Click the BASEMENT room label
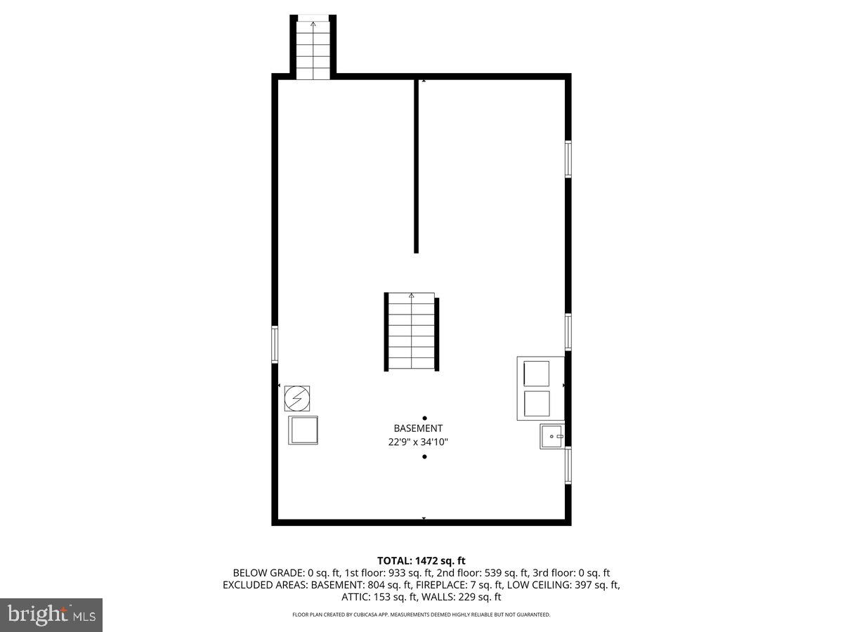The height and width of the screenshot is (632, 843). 418,428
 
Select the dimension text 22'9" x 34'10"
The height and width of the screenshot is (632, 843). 418,442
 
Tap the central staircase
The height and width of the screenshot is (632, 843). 412,331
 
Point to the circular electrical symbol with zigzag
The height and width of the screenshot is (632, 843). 296,398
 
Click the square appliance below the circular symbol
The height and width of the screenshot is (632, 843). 303,430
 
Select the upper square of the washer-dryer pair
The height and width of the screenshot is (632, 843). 537,373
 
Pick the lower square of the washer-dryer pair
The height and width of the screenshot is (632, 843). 537,404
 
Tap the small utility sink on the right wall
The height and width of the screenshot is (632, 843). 552,436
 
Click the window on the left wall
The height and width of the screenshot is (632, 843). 275,344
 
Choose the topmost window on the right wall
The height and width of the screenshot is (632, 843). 568,159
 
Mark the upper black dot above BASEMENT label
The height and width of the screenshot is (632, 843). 424,418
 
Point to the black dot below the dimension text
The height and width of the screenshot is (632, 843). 424,457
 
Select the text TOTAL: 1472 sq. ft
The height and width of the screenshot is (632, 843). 421,560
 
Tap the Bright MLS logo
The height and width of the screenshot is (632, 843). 51,615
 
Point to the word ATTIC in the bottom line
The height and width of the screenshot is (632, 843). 355,597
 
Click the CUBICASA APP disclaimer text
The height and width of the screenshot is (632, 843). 421,614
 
